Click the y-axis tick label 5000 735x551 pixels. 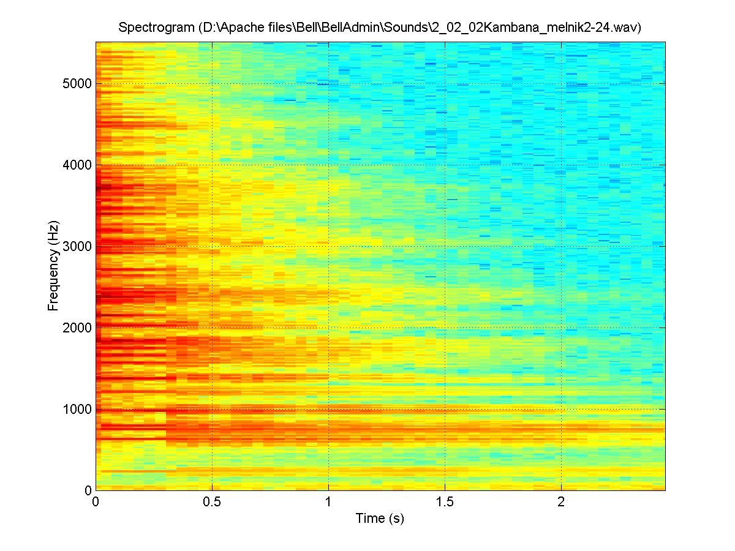[x=77, y=83]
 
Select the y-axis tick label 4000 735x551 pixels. [x=77, y=165]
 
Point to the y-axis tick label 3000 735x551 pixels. [x=77, y=246]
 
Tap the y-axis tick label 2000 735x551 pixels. [x=77, y=328]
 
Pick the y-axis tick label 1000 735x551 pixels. [x=77, y=409]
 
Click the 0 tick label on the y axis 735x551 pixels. [x=87, y=490]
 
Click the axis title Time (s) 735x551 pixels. [x=380, y=519]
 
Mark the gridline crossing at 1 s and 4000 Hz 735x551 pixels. [x=329, y=165]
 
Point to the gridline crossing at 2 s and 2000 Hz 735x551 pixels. [x=561, y=328]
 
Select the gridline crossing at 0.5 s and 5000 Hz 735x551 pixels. [x=212, y=83]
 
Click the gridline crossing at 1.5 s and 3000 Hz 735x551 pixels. [x=445, y=246]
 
